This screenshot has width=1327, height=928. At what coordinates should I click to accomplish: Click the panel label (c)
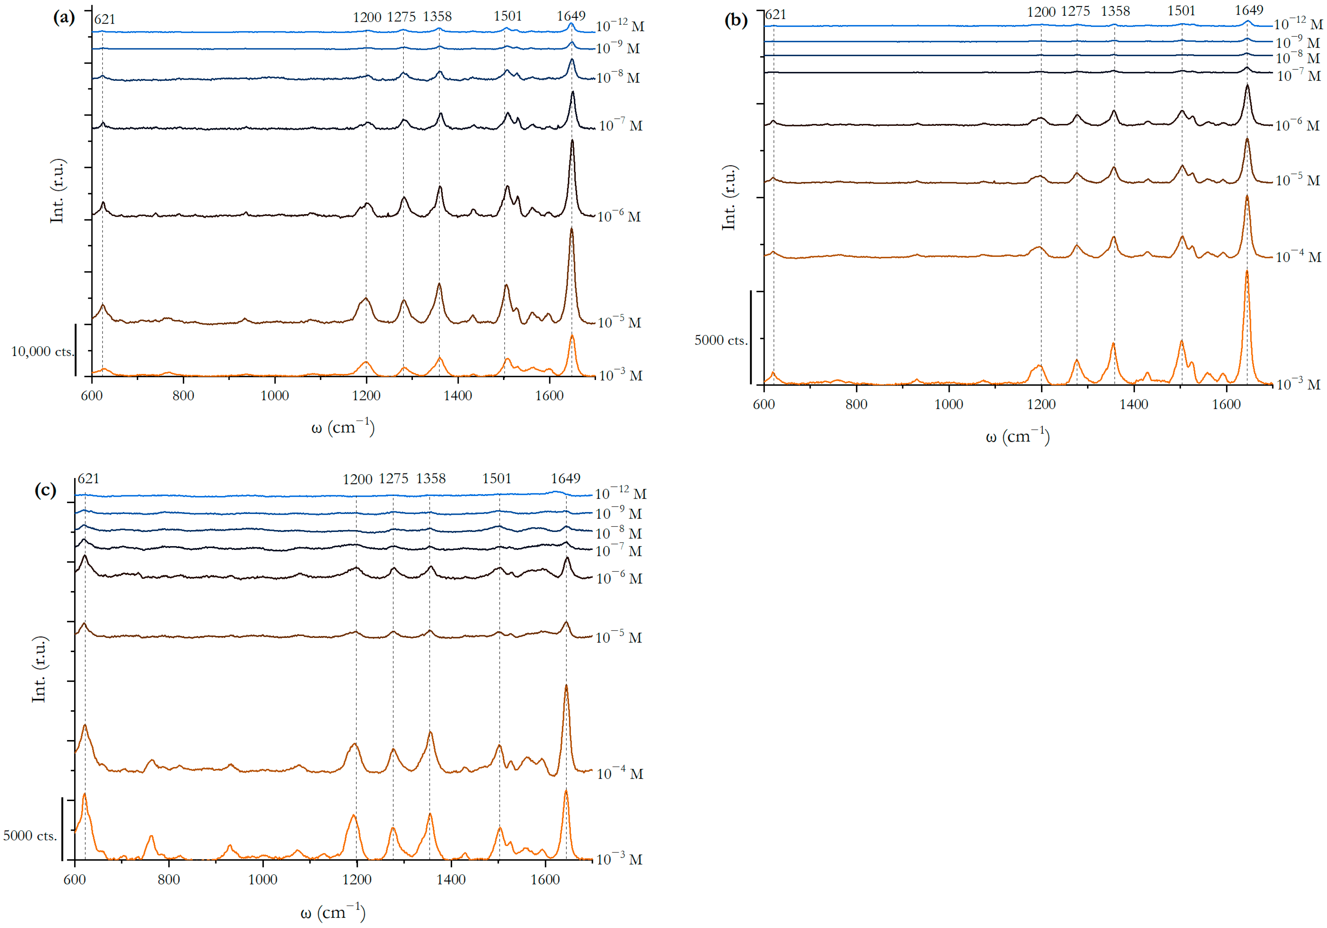[45, 490]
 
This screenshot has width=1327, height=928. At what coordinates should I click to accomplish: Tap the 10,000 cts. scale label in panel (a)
[42, 352]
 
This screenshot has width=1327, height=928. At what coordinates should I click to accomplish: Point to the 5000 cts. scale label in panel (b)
[720, 340]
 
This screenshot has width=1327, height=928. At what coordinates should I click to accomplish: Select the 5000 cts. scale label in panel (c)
[30, 836]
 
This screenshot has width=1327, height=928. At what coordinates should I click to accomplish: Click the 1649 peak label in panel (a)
[571, 16]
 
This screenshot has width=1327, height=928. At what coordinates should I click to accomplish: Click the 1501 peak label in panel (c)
[497, 478]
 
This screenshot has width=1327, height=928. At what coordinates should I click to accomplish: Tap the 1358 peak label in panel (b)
[1115, 11]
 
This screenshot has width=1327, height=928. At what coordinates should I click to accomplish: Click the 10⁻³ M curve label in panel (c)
[619, 859]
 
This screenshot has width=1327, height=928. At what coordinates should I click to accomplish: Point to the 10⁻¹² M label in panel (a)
[620, 26]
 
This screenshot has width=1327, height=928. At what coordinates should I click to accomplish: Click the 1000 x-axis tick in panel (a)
[274, 396]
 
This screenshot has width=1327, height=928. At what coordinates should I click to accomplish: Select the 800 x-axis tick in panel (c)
[169, 879]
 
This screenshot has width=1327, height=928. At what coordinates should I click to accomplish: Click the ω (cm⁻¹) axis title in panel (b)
[1017, 436]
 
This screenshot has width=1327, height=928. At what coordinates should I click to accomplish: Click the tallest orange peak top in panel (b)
[1247, 271]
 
